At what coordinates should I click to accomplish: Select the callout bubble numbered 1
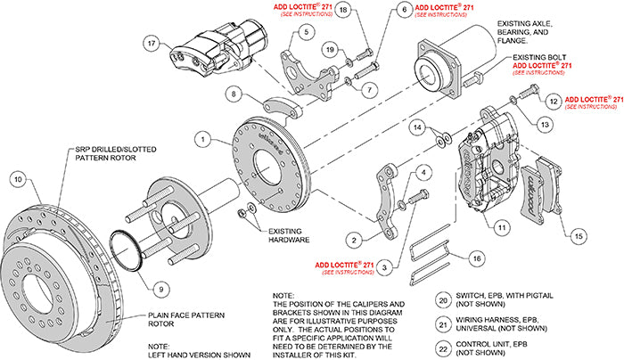click(204, 139)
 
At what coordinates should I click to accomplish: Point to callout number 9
click(160, 288)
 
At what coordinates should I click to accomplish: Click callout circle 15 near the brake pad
click(579, 235)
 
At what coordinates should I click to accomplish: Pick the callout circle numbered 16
click(478, 258)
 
